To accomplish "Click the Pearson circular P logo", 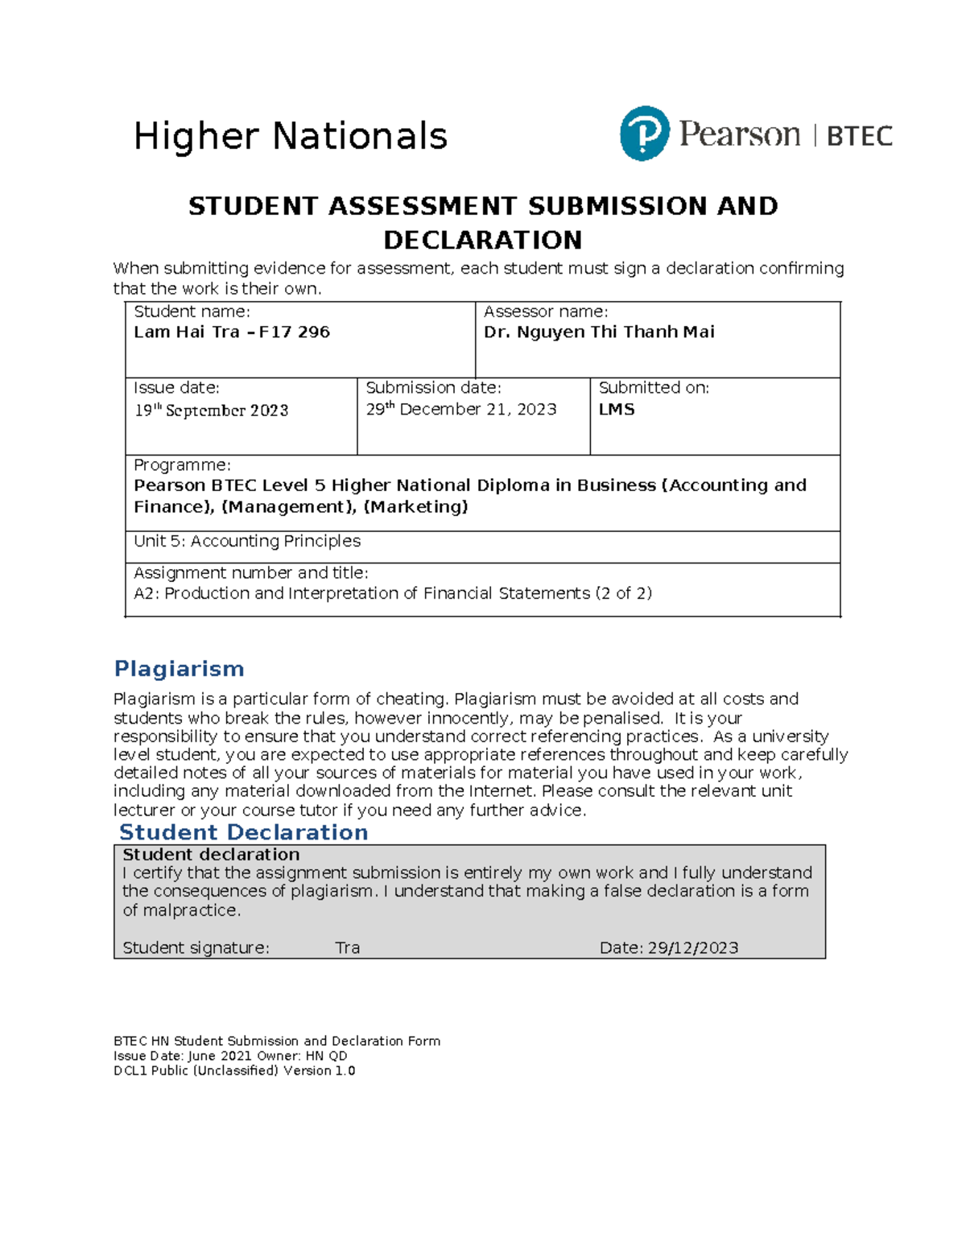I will coord(644,134).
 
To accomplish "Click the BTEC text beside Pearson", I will coord(859,136).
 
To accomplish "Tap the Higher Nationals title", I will coord(290,136).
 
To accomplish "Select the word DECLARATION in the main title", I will coord(482,240).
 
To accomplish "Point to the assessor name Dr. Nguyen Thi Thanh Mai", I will coord(598,332).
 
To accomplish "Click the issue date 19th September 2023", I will coord(211,410).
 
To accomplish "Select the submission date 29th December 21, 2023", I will coord(460,410).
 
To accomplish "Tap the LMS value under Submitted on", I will coord(617,410).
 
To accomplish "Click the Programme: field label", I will coord(182,465).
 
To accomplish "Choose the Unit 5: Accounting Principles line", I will coord(246,542).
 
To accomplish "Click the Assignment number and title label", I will coord(250,573).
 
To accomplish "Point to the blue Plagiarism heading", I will coord(179,669).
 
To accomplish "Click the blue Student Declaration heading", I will coord(243,832).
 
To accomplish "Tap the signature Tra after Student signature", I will coord(347,948).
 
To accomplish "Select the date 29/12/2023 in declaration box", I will coord(692,948).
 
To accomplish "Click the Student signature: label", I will coord(196,948).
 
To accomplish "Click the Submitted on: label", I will coord(654,388).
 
